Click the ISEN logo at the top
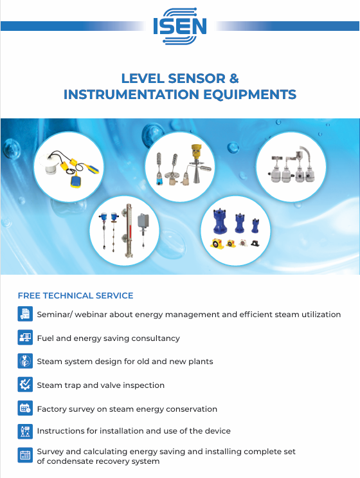point(180,26)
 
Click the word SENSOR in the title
point(197,78)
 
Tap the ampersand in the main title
point(234,78)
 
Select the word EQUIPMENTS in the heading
point(249,94)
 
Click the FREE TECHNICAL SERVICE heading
point(75,296)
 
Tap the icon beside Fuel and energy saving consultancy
point(25,338)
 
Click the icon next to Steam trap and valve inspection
point(25,385)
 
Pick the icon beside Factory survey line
point(25,408)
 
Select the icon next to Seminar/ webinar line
point(25,314)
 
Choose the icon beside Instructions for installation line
point(25,432)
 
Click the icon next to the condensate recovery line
point(25,455)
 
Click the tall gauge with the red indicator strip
point(127,231)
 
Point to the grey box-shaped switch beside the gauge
point(143,222)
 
